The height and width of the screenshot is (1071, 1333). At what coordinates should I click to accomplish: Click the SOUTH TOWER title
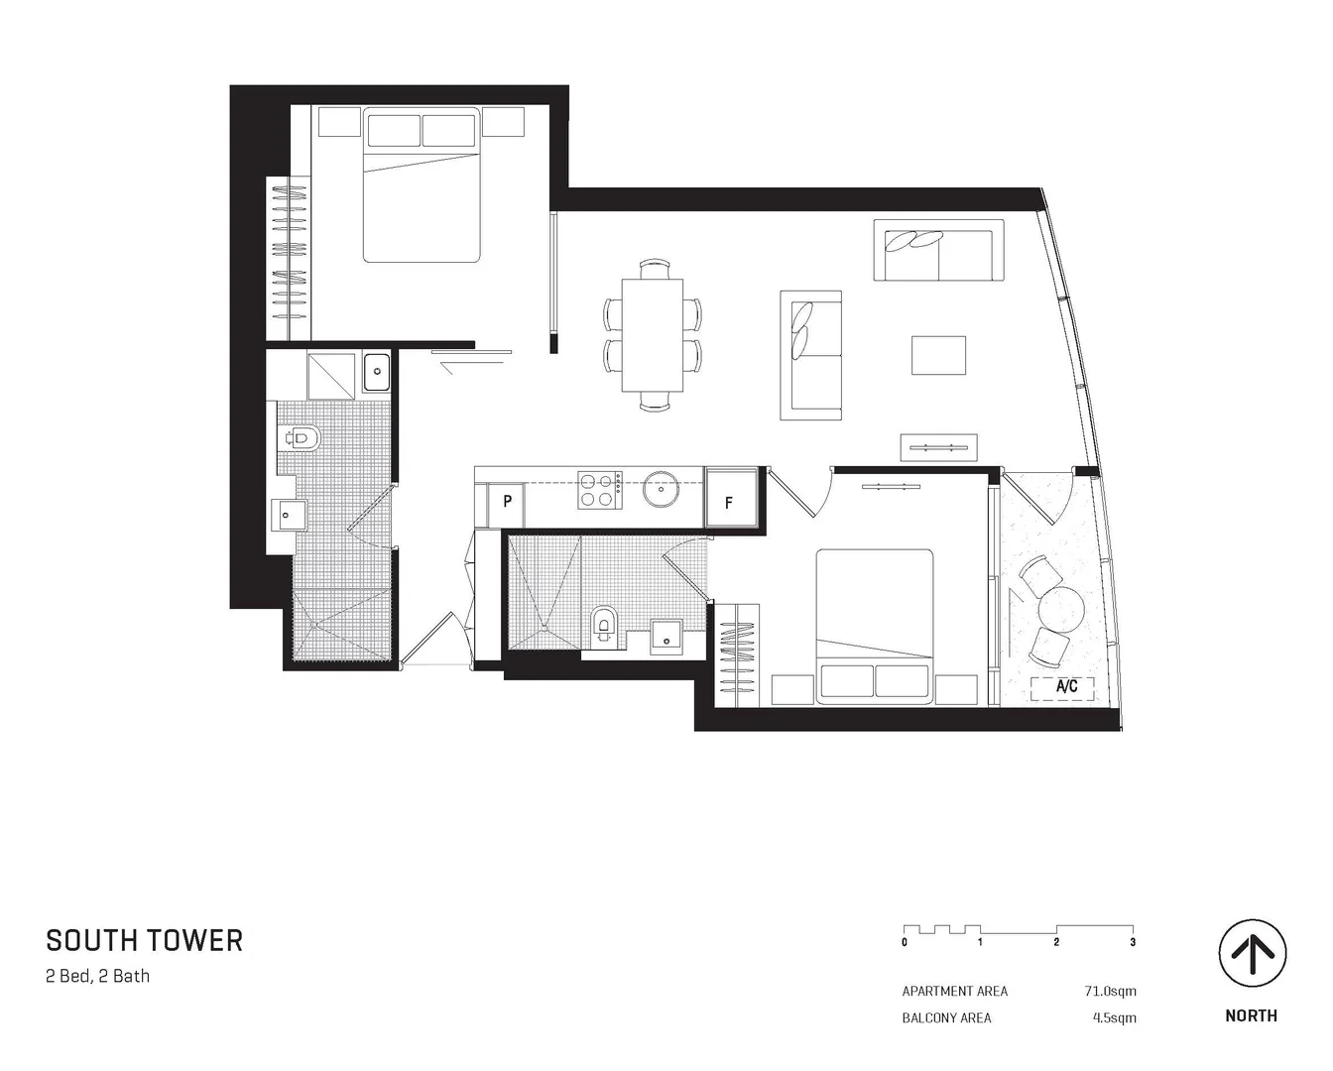144,940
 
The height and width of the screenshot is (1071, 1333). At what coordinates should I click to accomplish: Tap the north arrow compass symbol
1252,954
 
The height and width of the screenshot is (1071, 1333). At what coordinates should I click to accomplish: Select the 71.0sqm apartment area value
1110,991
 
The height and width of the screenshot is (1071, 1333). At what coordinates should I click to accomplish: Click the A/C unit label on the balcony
1066,686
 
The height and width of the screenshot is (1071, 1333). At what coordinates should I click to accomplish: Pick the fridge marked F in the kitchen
729,503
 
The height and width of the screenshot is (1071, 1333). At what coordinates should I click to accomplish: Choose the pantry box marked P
507,502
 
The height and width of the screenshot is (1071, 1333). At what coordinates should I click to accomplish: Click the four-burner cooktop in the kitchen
599,489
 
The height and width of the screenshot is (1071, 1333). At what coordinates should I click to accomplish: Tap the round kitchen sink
660,488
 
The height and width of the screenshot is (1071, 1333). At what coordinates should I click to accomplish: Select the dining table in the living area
653,335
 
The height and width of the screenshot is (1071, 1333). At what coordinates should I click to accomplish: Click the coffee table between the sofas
938,355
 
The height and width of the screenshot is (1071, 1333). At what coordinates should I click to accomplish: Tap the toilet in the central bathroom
602,626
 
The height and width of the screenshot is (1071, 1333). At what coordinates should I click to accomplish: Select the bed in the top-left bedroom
422,185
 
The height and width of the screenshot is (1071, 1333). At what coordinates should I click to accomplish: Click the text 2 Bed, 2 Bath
98,976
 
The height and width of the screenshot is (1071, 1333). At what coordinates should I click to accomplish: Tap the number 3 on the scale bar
1133,942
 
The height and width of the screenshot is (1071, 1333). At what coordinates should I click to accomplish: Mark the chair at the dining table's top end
654,269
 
